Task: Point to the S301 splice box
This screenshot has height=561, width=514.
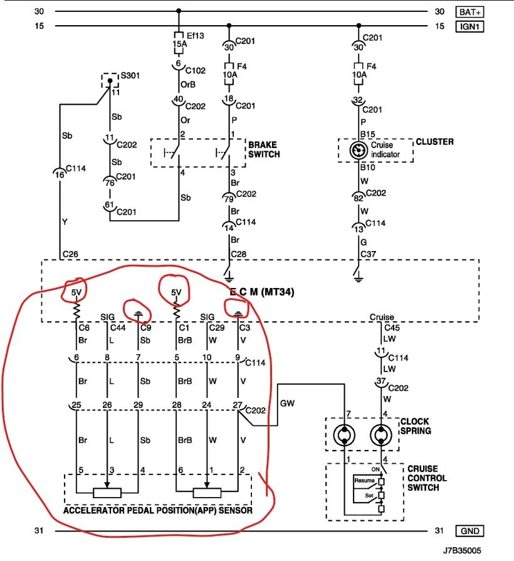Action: [x=110, y=80]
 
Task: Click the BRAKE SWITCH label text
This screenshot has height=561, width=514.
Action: [x=263, y=149]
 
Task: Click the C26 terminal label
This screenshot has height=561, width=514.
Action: [x=70, y=255]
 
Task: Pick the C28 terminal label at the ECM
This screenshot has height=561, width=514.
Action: [x=238, y=255]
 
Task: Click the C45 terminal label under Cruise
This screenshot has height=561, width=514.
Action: [x=392, y=327]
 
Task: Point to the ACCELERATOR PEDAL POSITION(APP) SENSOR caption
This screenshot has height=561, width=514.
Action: [x=157, y=510]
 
